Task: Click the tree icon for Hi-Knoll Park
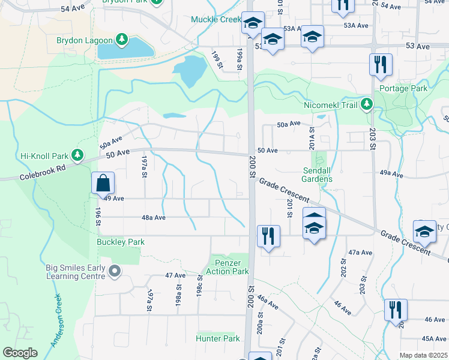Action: point(77,155)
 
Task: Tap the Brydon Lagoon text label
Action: point(84,40)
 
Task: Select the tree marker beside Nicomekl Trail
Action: point(366,105)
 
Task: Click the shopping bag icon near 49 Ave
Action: point(103,182)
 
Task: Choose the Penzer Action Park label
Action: point(228,267)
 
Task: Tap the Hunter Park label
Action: point(217,338)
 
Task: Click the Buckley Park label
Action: point(121,242)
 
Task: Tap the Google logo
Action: point(20,353)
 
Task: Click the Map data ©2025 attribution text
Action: point(423,355)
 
